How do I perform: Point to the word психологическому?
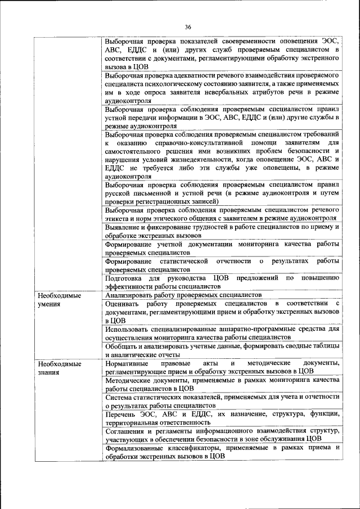[183, 83]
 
